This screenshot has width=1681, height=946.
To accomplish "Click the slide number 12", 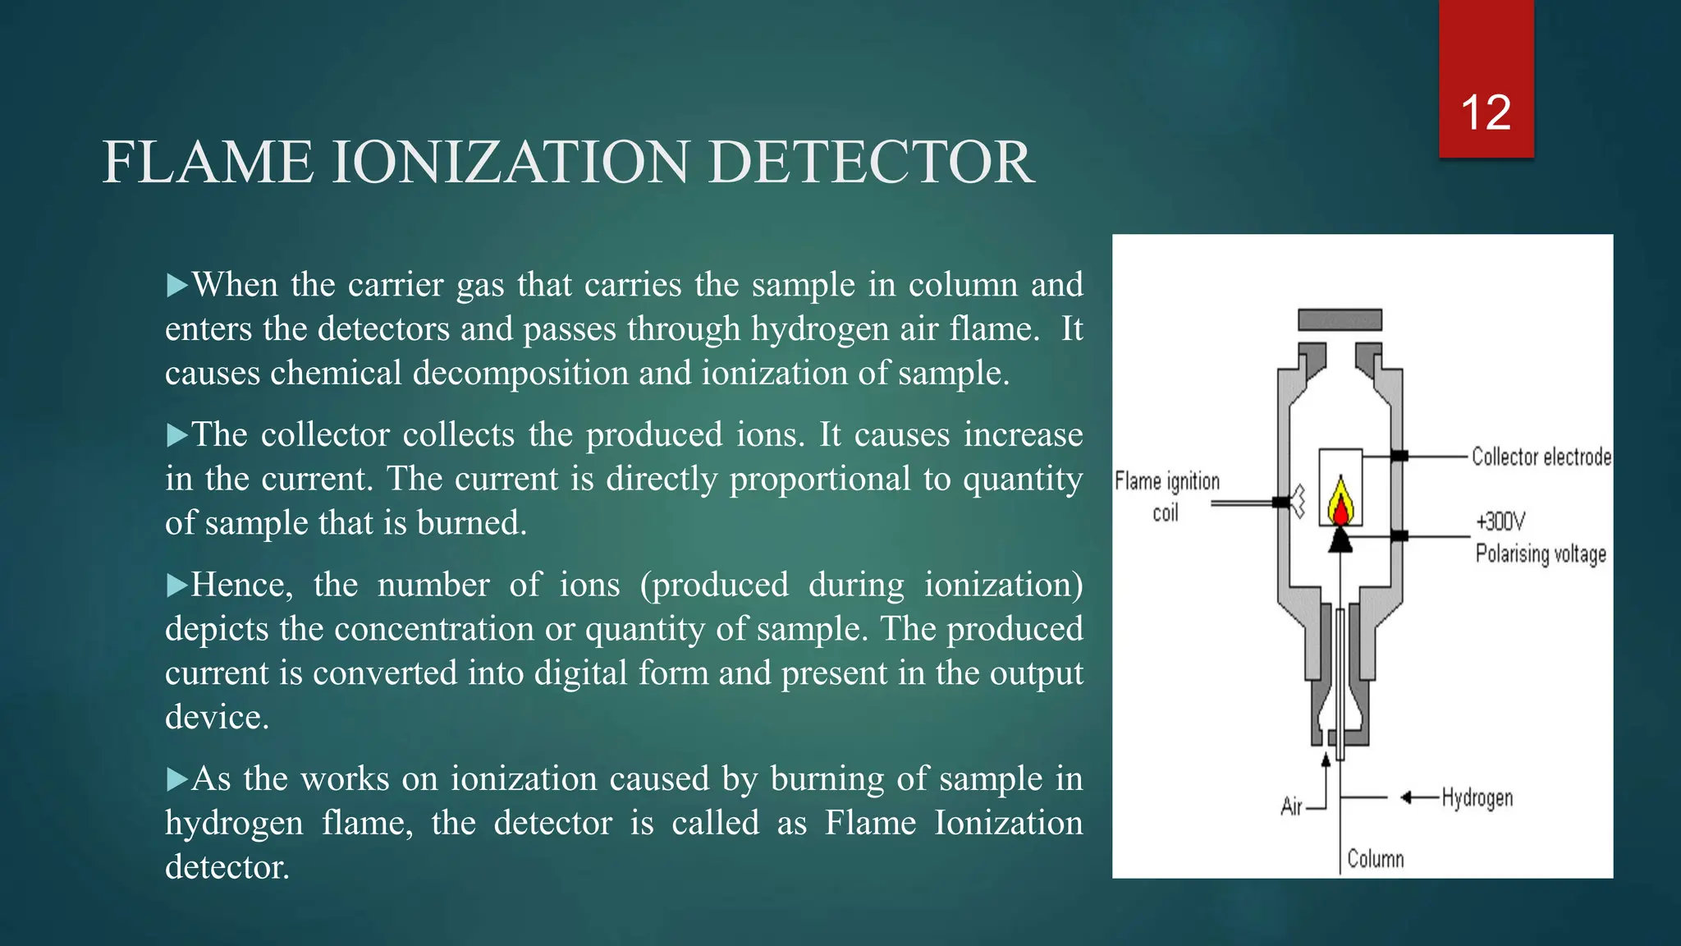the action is pos(1486,113).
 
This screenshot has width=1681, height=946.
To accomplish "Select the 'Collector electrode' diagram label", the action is pos(1541,457).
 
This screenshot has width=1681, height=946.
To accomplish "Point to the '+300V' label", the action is pos(1500,521).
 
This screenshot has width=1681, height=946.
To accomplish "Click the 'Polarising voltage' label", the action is pos(1541,553).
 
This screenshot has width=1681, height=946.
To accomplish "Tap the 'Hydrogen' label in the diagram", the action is pos(1477,797).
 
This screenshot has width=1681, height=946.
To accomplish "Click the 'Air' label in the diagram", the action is pos(1291,806).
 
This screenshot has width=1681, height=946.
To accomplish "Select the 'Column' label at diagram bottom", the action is pos(1375,859).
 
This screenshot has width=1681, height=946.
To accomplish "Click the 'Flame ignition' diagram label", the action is pos(1166,481).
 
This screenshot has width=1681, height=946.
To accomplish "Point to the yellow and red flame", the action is pos(1340,502).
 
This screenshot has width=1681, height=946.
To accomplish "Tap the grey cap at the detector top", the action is pos(1340,319).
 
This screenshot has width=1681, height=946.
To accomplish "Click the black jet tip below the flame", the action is pos(1340,540).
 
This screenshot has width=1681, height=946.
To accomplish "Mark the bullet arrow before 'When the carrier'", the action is pos(176,286).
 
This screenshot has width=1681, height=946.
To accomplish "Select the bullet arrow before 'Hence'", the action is pos(176,586).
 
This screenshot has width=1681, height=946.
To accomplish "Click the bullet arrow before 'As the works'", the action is pos(176,779).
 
